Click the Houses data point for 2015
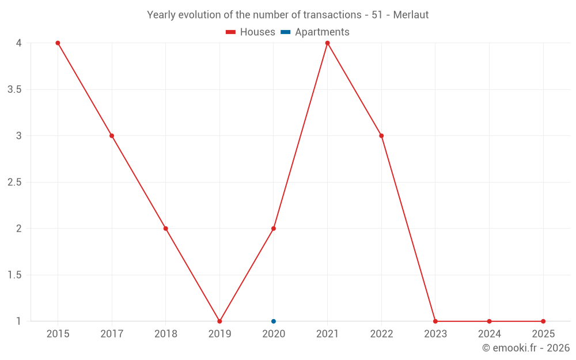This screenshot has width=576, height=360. click(58, 43)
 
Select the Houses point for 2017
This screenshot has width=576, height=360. click(112, 136)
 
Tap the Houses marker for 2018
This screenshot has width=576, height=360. click(166, 229)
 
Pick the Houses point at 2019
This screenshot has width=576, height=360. click(219, 321)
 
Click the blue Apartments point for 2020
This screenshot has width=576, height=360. click(274, 321)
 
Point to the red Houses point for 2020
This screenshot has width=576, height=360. click(274, 229)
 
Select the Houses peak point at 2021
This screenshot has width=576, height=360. click(327, 43)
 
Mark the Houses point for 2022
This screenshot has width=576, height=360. click(381, 136)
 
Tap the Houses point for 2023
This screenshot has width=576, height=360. click(435, 321)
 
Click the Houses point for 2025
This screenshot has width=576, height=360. click(543, 321)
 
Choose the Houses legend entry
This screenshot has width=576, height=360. click(251, 32)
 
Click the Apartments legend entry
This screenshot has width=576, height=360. click(315, 32)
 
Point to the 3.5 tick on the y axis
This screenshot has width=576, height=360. click(14, 89)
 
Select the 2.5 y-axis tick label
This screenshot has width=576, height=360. click(14, 183)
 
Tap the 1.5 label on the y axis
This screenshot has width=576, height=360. click(14, 275)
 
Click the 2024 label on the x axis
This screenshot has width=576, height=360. click(489, 334)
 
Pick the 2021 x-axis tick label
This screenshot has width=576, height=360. click(327, 334)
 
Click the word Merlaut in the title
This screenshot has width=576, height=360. click(411, 15)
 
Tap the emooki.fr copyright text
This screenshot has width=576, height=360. click(526, 348)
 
